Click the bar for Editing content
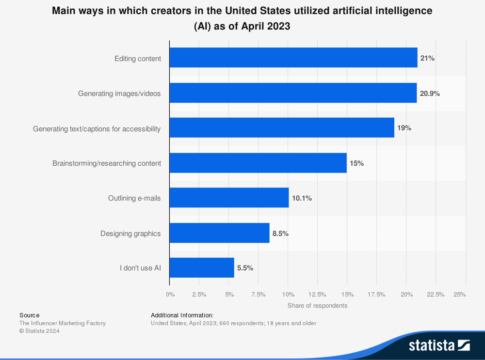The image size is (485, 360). pos(293,58)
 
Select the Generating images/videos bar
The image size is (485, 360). pos(293,93)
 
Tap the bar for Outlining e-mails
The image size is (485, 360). pos(229,198)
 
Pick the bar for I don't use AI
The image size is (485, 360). pos(202,267)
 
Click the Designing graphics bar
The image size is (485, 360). pos(219,233)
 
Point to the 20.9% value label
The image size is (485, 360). pos(430,94)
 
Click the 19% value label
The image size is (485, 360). pos(404,128)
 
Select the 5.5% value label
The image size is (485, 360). pos(245,268)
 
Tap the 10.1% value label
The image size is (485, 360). pos(302,198)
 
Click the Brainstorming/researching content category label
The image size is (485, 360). pos(107,163)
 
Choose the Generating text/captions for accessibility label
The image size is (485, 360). pos(97,129)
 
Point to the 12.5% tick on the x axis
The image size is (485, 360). pos(317,294)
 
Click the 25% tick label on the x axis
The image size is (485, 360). pos(460,294)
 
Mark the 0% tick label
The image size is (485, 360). pos(170,294)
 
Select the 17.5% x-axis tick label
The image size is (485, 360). pos(376,294)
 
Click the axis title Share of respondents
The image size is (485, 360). pos(317,306)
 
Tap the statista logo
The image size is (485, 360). pos(439,345)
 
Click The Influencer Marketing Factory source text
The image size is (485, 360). pos(62,323)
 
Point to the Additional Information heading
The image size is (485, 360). pos(182,315)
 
